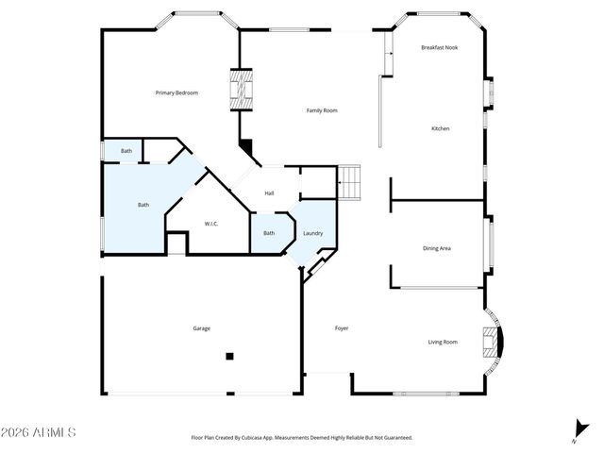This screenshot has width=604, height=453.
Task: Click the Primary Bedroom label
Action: pos(176,92)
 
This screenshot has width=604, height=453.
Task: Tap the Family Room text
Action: pos(322,110)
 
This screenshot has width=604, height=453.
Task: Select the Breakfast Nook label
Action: pos(439,47)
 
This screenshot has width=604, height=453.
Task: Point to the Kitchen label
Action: pos(440,128)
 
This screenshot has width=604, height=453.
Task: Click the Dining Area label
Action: pos(436,248)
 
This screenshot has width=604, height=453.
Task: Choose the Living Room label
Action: pos(443,342)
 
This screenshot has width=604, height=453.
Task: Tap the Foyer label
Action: pos(342,328)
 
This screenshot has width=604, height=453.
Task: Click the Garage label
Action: pos(202,328)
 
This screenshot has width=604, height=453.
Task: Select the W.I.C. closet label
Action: pos(211,224)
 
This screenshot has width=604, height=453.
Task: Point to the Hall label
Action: pos(269,193)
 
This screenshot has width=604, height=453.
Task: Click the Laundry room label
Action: pos(313,233)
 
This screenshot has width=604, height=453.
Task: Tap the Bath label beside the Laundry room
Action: pos(269,233)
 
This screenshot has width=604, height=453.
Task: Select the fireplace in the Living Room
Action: pos(490,341)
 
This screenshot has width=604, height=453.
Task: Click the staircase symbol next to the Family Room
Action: pos(350,181)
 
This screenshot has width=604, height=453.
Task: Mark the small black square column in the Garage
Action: pos(228,357)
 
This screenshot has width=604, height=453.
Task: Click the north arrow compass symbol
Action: pos(575,431)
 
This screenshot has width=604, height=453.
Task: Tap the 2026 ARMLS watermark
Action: pos(39,432)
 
